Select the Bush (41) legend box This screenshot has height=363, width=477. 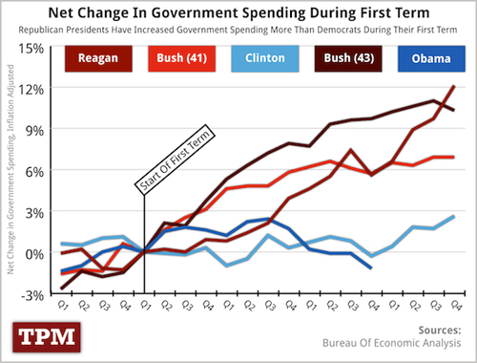coord(176,59)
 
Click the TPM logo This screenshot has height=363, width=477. coord(46,335)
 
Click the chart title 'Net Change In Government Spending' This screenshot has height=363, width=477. coord(238,12)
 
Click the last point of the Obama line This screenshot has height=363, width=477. coord(369,267)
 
